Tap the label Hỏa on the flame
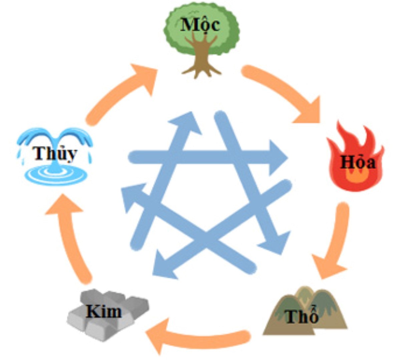pyautogui.click(x=358, y=162)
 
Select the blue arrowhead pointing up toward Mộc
pyautogui.click(x=185, y=123)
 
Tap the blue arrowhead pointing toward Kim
pyautogui.click(x=164, y=265)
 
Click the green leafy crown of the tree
pyautogui.click(x=201, y=30)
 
